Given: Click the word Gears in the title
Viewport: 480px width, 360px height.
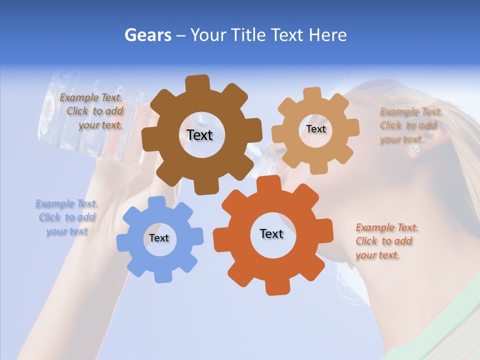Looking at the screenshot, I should click(x=147, y=35).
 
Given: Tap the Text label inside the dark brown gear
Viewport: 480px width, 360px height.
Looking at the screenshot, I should click(x=199, y=135).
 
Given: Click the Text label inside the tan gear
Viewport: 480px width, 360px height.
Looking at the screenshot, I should click(x=316, y=129).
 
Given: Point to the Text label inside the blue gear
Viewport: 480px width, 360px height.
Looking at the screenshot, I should click(x=159, y=238).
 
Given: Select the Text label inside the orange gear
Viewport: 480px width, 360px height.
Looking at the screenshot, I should click(x=271, y=233).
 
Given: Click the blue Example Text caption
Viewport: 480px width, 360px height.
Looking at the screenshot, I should click(x=66, y=217).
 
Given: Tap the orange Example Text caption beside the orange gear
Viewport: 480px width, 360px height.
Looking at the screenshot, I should click(x=386, y=241).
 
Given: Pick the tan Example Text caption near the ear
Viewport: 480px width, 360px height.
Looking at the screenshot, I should click(x=410, y=125).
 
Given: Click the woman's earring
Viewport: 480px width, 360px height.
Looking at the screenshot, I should click(x=414, y=148).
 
